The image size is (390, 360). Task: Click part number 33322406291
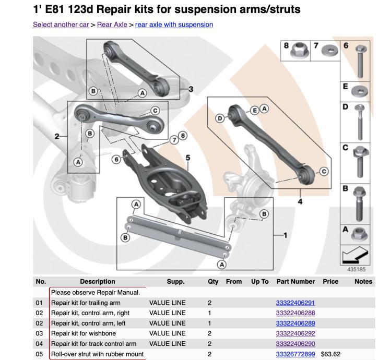click(296, 303)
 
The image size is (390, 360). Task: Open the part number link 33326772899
click(296, 354)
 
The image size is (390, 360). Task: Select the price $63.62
click(330, 354)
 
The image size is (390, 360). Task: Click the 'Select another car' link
click(61, 25)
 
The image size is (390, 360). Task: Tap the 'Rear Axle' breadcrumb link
click(112, 25)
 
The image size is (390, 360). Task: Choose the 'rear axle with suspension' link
click(174, 25)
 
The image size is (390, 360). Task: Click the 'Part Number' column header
click(296, 282)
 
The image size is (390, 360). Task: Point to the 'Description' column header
click(98, 282)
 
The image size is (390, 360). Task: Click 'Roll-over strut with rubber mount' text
click(97, 354)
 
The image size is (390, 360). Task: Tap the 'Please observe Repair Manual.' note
click(96, 292)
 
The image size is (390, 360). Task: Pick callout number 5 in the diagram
click(187, 157)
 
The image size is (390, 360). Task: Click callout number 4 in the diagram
click(301, 201)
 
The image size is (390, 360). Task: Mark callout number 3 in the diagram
click(191, 89)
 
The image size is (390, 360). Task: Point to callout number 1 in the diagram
click(285, 235)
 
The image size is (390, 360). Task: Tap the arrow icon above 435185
click(356, 256)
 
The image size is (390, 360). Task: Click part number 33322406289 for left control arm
click(296, 323)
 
